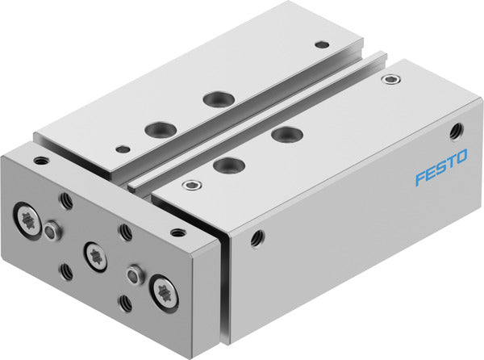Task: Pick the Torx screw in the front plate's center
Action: pos(95,256)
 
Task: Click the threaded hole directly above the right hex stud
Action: pos(127,232)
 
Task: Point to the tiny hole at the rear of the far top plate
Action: pos(323,44)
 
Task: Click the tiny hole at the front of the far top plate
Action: pos(122,149)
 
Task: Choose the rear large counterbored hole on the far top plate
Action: pos(215,98)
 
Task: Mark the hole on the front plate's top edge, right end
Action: pos(177,232)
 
